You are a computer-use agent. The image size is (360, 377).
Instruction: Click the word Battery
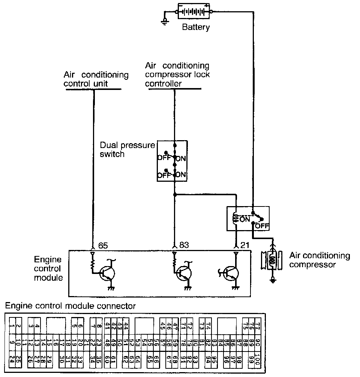click(x=195, y=27)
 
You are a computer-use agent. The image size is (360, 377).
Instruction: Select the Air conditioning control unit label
click(x=96, y=79)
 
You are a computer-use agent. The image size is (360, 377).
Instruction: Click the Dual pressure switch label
click(x=127, y=150)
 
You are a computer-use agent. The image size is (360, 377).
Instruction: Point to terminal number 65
click(x=103, y=245)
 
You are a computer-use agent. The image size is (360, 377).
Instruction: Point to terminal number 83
click(x=184, y=245)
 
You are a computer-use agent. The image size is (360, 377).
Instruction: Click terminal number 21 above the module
click(x=244, y=245)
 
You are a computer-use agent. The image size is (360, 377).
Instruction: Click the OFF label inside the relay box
click(x=262, y=226)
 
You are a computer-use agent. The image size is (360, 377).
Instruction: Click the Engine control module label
click(x=48, y=269)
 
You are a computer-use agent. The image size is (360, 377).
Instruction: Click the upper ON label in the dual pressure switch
click(x=181, y=159)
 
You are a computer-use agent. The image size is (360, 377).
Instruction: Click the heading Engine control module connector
click(x=70, y=306)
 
